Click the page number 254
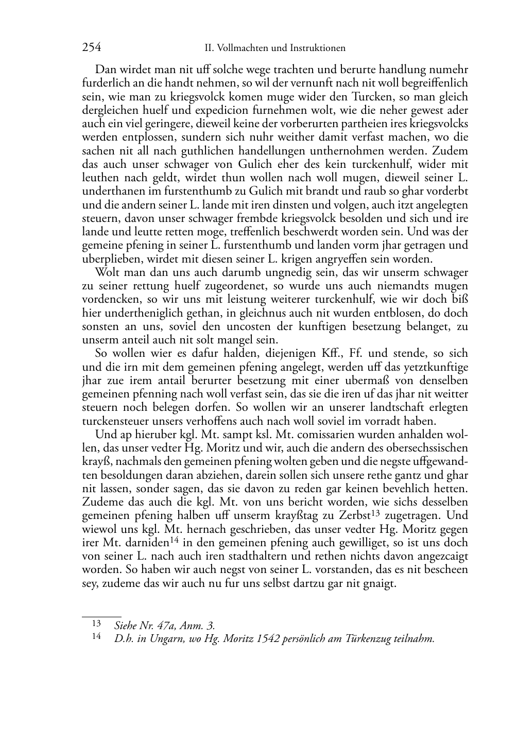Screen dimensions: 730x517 pyautogui.click(x=91, y=48)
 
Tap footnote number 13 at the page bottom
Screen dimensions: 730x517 pyautogui.click(x=96, y=623)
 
